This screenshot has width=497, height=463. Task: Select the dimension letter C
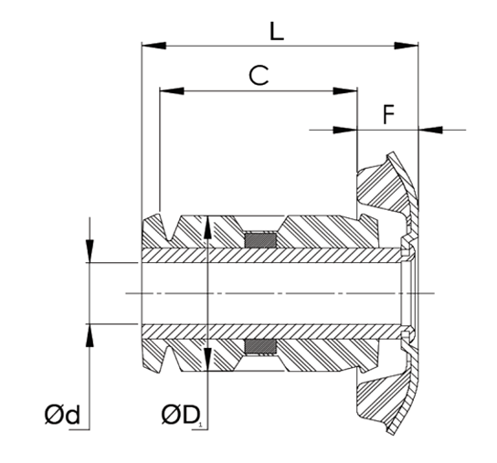tap(259, 77)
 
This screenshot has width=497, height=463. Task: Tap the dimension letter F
tap(387, 116)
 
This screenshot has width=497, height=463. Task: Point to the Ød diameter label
tap(62, 417)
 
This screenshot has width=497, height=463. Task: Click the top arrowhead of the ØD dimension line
tap(208, 226)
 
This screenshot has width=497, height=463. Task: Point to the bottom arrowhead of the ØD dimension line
tap(208, 362)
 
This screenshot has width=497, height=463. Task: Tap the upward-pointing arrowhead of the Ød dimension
tap(90, 335)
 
